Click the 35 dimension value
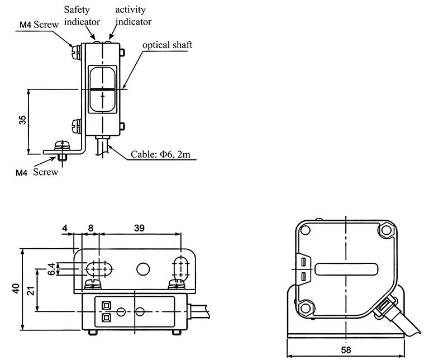(x=23, y=120)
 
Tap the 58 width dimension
(x=346, y=350)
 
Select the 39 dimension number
(x=139, y=228)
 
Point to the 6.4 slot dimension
(x=51, y=269)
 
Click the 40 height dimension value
(x=16, y=288)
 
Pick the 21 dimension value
(x=31, y=291)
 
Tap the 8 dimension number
(x=90, y=228)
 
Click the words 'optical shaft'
(x=168, y=45)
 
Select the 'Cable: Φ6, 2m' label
(x=160, y=154)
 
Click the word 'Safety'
(x=77, y=10)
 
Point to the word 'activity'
(x=130, y=10)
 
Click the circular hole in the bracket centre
(x=143, y=269)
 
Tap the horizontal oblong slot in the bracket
(x=99, y=269)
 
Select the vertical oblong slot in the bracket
(x=180, y=269)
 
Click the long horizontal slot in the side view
(x=346, y=269)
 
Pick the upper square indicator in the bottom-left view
(x=106, y=305)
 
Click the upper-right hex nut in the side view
(x=386, y=230)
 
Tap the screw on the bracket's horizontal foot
(x=62, y=146)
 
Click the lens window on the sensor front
(x=102, y=89)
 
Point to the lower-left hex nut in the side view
(x=306, y=309)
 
